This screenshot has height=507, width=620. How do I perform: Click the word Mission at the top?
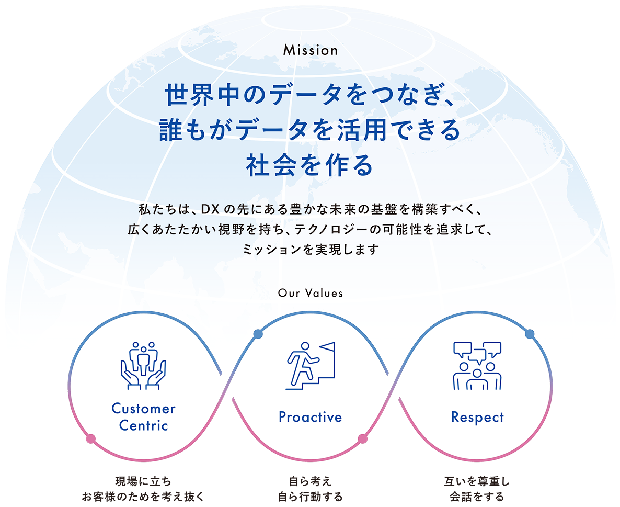click(x=310, y=51)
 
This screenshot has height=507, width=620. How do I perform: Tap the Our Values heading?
click(x=311, y=293)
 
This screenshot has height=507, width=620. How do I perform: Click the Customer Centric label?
click(x=143, y=417)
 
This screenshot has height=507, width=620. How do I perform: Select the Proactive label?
click(x=310, y=417)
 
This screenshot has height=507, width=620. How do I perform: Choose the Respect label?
click(x=477, y=417)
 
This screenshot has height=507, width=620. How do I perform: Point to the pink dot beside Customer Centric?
click(x=91, y=438)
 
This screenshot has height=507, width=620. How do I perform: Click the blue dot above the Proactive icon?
click(x=257, y=333)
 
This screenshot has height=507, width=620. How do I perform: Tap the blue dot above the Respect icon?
click(x=530, y=333)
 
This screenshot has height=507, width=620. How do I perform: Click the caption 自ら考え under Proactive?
click(x=310, y=480)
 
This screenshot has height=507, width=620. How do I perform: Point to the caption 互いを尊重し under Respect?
click(x=477, y=480)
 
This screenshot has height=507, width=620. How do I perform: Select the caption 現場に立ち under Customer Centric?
click(x=143, y=480)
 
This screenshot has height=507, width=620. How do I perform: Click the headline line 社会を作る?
click(x=310, y=165)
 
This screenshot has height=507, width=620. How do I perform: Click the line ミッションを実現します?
click(x=310, y=250)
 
